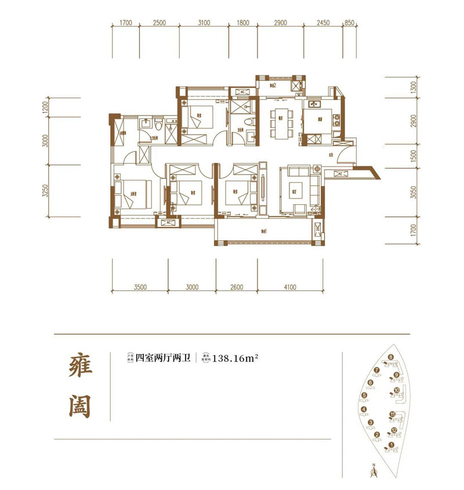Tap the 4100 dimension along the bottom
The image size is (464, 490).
pyautogui.click(x=290, y=287)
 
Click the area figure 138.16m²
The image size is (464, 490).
pyautogui.click(x=235, y=358)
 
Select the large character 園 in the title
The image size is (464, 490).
pyautogui.click(x=77, y=405)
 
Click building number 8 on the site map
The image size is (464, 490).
pyautogui.click(x=391, y=357)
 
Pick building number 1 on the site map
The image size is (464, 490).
pyautogui.click(x=391, y=445)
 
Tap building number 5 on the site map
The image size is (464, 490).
pyautogui.click(x=365, y=396)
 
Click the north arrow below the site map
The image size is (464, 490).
pyautogui.click(x=375, y=472)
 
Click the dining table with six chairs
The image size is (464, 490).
pyautogui.click(x=280, y=123)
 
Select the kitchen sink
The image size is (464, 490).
pyautogui.click(x=316, y=105)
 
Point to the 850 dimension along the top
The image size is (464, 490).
pyautogui.click(x=349, y=23)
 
